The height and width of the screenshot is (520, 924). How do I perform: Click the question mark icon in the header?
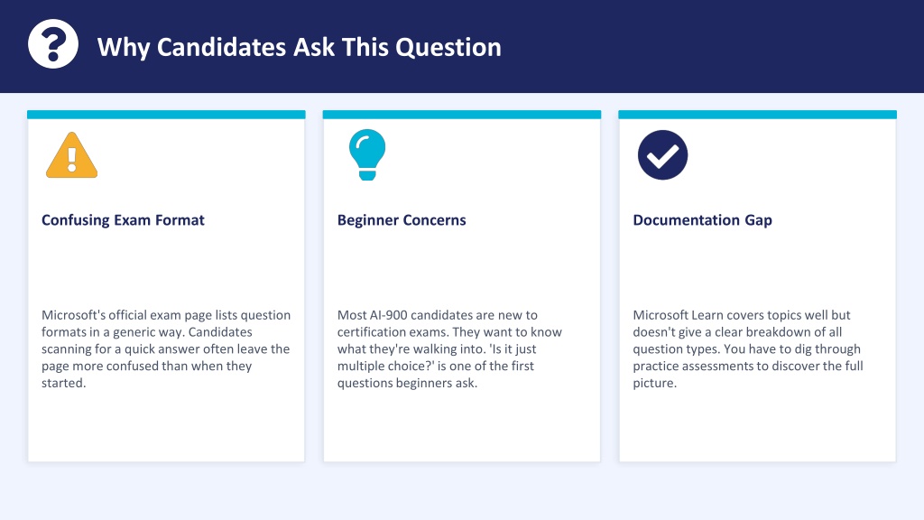(x=53, y=44)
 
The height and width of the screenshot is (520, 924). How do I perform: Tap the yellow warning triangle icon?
(x=72, y=155)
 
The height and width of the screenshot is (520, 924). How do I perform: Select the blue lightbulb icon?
(x=367, y=154)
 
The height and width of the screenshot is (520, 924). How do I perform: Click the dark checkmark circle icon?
(x=662, y=155)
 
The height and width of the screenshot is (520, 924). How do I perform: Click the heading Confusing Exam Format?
(x=123, y=220)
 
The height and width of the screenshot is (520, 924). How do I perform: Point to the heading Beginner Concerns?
(x=402, y=220)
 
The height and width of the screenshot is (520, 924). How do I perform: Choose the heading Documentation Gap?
(x=702, y=220)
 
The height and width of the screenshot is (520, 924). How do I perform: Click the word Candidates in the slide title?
(x=222, y=47)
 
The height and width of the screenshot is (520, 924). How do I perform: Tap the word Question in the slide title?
(x=448, y=48)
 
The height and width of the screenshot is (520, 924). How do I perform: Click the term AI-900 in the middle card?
(x=388, y=315)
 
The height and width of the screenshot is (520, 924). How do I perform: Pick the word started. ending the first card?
(x=64, y=383)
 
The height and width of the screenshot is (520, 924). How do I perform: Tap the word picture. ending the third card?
(x=655, y=383)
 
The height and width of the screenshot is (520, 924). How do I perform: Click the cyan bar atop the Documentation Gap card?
(x=757, y=115)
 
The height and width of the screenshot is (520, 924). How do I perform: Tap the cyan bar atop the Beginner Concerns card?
(x=462, y=115)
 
